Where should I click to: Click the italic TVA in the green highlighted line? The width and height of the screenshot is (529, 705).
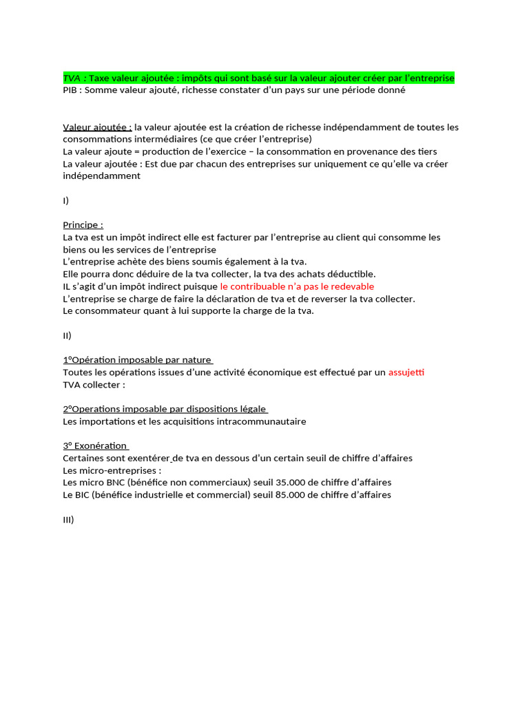[x=72, y=78]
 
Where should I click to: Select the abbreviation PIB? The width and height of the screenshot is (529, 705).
[x=71, y=90]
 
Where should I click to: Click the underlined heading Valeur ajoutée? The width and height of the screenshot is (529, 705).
[x=96, y=127]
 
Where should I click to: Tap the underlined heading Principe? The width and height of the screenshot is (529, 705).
[x=83, y=224]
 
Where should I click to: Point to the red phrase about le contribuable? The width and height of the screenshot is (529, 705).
[x=297, y=286]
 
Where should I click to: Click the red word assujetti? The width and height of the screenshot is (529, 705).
[x=406, y=372]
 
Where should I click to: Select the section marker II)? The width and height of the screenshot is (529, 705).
[x=67, y=335]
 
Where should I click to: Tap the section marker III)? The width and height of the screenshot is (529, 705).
[x=68, y=520]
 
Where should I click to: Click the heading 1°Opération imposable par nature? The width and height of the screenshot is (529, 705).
[x=137, y=360]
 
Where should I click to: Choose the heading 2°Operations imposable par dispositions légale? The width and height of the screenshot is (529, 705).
[x=165, y=409]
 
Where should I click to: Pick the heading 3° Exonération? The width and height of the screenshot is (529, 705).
[x=95, y=445]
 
